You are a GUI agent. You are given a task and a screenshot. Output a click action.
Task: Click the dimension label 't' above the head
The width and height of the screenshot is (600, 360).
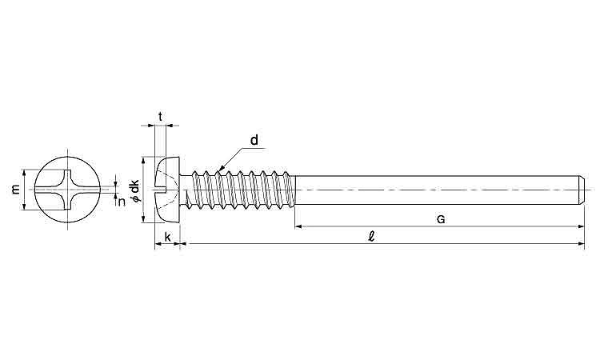pos(160,116)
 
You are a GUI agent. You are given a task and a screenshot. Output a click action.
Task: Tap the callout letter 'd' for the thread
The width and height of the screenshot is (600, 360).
pos(254,141)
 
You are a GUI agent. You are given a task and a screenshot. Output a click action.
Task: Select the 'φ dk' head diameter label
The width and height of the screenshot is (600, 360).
pos(134,191)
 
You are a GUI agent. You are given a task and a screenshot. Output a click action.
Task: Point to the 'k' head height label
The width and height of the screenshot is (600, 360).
pos(168,237)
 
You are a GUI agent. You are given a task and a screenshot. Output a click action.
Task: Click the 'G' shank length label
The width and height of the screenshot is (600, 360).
pos(441,219)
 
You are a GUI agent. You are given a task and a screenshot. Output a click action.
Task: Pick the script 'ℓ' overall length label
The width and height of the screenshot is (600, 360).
pos(370,237)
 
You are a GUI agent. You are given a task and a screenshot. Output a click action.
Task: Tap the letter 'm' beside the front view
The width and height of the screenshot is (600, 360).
pos(15,189)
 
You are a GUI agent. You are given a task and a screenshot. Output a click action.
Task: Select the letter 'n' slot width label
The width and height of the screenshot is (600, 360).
pos(122,202)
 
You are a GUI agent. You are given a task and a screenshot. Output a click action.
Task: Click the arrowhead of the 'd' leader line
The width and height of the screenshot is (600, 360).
pos(221,168)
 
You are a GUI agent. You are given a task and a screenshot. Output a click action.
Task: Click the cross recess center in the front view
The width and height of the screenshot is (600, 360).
pos(67,190)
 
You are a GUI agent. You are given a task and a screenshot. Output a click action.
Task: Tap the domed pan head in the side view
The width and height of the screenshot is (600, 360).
pos(167,190)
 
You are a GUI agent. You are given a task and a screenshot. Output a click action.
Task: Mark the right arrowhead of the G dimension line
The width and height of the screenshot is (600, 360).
pos(581,226)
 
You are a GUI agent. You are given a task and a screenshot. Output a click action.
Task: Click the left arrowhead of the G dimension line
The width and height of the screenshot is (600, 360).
pos(299,226)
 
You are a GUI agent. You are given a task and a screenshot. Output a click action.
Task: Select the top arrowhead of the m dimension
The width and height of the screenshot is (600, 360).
pos(25,173)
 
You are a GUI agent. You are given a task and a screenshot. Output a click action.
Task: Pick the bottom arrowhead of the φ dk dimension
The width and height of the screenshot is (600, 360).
pos(143,218)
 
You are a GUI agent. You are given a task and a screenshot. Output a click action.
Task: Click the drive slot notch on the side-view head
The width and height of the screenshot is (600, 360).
pos(160,190)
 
